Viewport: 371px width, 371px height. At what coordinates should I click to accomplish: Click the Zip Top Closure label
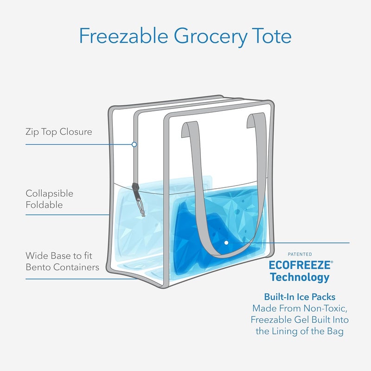click(58, 132)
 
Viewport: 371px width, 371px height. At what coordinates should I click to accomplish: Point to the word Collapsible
click(49, 193)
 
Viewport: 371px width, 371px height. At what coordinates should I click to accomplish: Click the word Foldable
click(44, 205)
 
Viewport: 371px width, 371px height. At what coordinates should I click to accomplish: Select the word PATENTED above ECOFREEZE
click(300, 254)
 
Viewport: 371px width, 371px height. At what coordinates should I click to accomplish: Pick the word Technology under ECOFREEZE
click(300, 277)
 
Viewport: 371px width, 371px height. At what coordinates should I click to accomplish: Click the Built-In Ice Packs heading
click(300, 297)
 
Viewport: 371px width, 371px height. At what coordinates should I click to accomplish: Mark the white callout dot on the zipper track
click(134, 144)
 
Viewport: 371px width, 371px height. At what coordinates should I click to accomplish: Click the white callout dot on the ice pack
click(226, 243)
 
